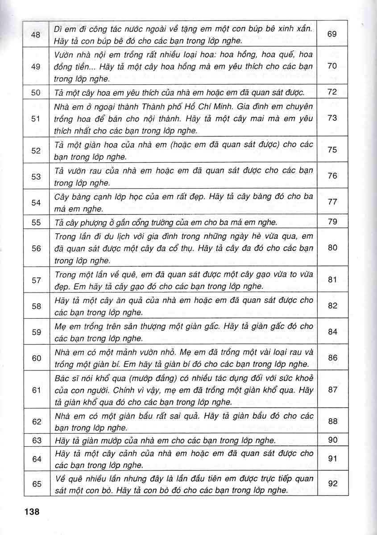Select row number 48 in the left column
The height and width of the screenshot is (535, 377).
[x=37, y=34]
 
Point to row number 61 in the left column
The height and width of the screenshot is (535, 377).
[x=37, y=390]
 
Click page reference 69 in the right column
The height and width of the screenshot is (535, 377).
[x=332, y=34]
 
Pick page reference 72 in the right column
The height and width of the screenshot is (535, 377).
[x=332, y=93]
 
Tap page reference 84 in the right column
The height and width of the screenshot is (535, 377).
[x=332, y=332]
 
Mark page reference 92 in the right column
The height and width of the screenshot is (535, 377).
[x=332, y=483]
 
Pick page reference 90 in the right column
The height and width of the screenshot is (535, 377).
[x=332, y=440]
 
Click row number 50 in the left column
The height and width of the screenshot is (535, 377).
[x=37, y=93]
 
